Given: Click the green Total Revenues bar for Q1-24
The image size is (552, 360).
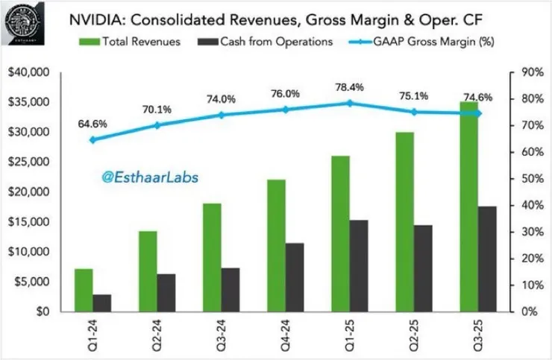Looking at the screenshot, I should pos(83,290).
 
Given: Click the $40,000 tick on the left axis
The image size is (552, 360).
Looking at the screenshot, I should pos(28,72).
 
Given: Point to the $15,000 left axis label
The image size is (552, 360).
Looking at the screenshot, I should pos(28,222).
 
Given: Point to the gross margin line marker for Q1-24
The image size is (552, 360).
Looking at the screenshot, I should pos(92,139).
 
